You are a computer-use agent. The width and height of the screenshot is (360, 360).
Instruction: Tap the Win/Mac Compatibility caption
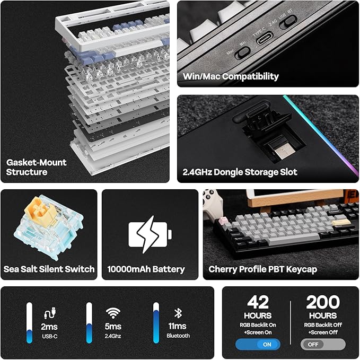click(231, 76)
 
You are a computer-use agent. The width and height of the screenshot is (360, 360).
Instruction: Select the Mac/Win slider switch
click(242, 52)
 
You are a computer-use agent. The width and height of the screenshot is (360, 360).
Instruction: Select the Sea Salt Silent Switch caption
click(49, 269)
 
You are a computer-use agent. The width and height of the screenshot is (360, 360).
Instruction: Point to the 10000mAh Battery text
click(146, 269)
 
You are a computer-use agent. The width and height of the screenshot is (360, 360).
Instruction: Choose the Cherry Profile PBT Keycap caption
click(262, 269)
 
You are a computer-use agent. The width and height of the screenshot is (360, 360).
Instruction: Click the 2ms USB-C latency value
click(49, 327)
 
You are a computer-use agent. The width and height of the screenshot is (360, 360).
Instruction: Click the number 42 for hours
click(258, 303)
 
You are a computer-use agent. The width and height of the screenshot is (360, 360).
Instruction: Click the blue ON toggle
click(258, 344)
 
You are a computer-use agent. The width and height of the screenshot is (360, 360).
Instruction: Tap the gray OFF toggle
click(323, 344)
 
